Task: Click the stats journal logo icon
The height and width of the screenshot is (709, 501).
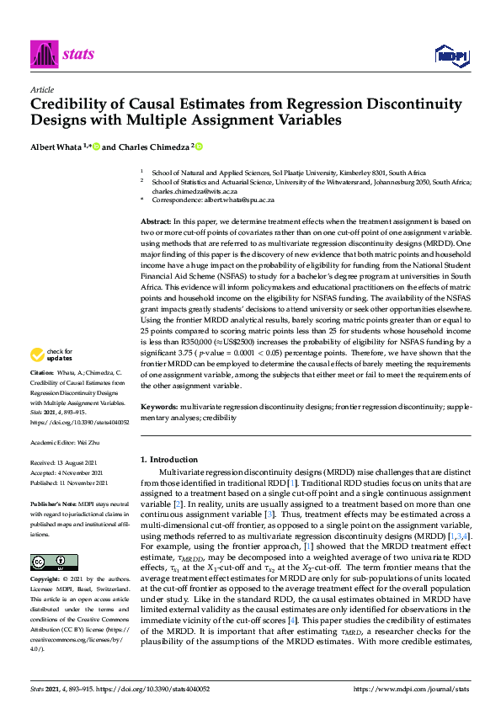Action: (x=43, y=56)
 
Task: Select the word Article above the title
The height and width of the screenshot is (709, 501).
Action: (x=41, y=89)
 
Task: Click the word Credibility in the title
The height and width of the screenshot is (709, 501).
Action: (x=70, y=104)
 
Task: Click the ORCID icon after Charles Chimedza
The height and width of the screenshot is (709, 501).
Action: (x=199, y=146)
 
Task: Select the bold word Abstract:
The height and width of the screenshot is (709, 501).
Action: (x=155, y=219)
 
